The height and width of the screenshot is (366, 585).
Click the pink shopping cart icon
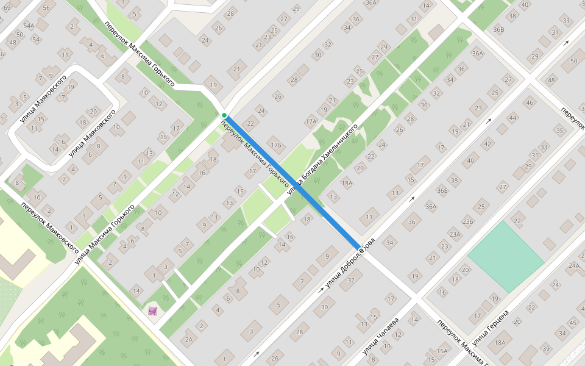[x=152, y=311]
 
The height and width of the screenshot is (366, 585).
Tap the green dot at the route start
[x=224, y=115]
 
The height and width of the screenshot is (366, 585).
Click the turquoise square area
[x=505, y=257]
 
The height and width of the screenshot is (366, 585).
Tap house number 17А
[x=311, y=121]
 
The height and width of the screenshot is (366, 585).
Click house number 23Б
[x=468, y=221]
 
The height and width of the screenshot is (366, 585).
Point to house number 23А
[x=455, y=234]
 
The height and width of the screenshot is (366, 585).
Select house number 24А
[x=573, y=265]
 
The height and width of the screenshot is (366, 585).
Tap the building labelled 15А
[x=442, y=351]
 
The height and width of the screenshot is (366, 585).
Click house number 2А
[x=188, y=339]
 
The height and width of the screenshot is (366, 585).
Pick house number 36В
[x=498, y=29]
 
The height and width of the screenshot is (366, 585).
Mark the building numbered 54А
[x=29, y=26]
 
